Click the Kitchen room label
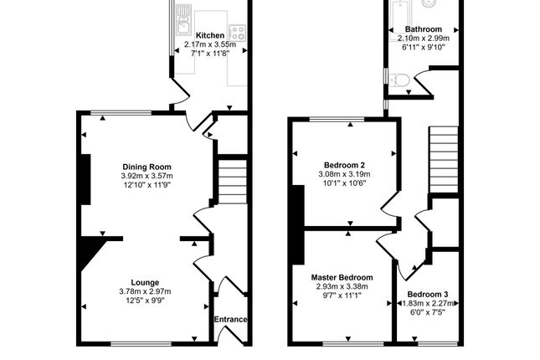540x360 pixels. pyautogui.click(x=210, y=35)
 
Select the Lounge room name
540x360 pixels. pyautogui.click(x=146, y=283)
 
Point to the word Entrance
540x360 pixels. pyautogui.click(x=231, y=319)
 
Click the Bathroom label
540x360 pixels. pyautogui.click(x=424, y=29)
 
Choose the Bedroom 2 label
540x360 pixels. pyautogui.click(x=344, y=166)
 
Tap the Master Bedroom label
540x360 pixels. pyautogui.click(x=342, y=278)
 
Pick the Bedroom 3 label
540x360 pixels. pyautogui.click(x=428, y=295)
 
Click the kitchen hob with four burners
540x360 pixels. pyautogui.click(x=238, y=33)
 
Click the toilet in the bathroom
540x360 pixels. pyautogui.click(x=399, y=80)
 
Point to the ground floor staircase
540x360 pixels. pyautogui.click(x=233, y=181)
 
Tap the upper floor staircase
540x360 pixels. pyautogui.click(x=444, y=160)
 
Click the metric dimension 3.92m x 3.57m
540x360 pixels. pyautogui.click(x=147, y=176)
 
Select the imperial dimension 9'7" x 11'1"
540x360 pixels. pyautogui.click(x=342, y=296)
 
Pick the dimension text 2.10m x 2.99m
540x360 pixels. pyautogui.click(x=424, y=39)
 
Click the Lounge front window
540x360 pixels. pyautogui.click(x=141, y=343)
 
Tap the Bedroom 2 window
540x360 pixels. pyautogui.click(x=337, y=119)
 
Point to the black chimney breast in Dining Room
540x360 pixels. pyautogui.click(x=85, y=179)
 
